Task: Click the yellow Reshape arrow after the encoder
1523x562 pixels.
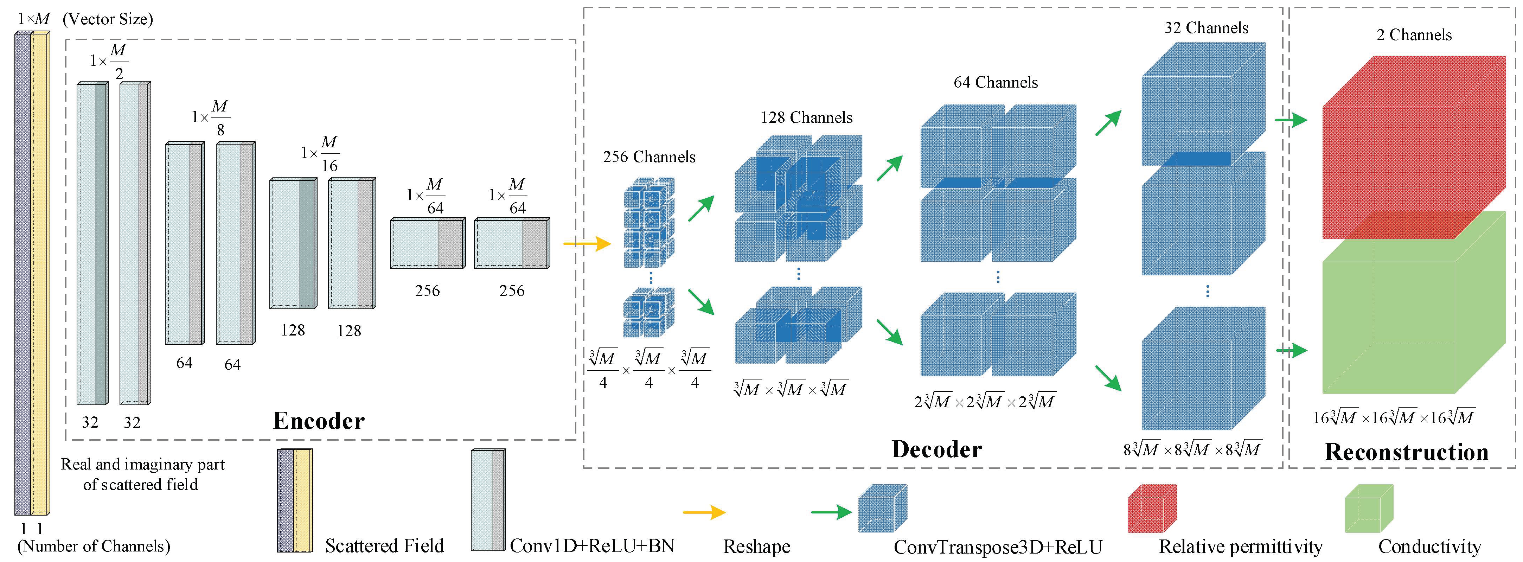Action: click(587, 243)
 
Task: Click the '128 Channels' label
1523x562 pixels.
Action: click(806, 118)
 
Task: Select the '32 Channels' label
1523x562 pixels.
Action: click(1206, 28)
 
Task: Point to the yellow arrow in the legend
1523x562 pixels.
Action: click(704, 512)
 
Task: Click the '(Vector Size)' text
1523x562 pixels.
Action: click(108, 20)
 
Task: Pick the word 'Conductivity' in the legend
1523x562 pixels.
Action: click(1429, 546)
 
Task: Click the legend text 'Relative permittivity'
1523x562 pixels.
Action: click(1240, 546)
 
